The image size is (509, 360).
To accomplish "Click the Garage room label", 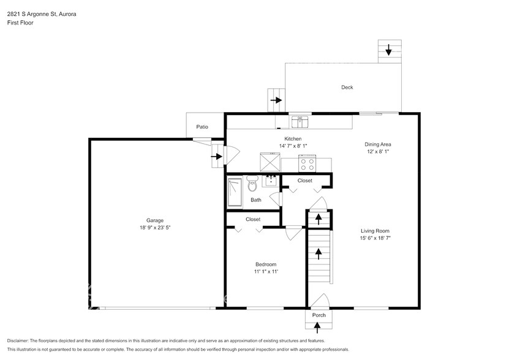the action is (154, 220).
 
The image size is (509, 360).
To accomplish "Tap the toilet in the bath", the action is (252, 184).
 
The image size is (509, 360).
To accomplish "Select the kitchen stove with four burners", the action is (307, 163).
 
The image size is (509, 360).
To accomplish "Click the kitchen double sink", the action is (300, 122).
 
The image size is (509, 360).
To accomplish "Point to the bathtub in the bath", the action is (235, 192).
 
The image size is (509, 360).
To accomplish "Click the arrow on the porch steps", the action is (317, 328).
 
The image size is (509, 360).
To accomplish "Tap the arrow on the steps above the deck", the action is (388, 50).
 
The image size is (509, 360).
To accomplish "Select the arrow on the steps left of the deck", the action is (276, 100).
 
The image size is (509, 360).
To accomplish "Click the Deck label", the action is (347, 88).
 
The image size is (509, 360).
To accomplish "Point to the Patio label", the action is (202, 127).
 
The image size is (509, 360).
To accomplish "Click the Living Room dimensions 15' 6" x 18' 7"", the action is (375, 238).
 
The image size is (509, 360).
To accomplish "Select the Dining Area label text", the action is (377, 144).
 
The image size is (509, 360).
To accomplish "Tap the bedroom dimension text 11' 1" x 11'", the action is (266, 272).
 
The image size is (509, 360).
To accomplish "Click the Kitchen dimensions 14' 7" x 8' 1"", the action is (293, 146).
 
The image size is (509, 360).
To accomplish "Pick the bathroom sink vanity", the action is (271, 181).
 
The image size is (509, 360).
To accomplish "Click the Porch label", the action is (319, 315).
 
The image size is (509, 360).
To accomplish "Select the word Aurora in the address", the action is (67, 14).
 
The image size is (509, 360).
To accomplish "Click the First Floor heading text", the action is (20, 23).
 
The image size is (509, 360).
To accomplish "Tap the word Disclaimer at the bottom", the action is (18, 341).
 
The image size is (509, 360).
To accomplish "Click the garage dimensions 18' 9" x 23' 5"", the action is (155, 228).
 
